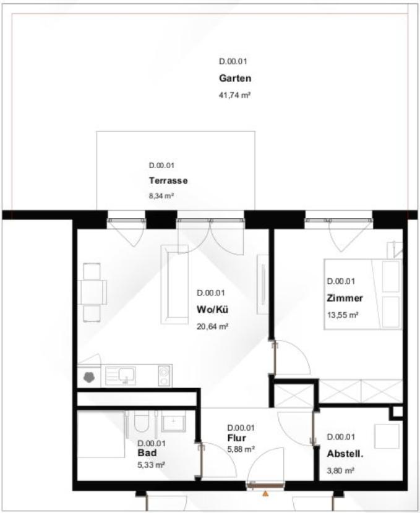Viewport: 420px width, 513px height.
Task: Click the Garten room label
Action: (x=235, y=78)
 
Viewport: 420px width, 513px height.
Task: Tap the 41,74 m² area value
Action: (x=234, y=96)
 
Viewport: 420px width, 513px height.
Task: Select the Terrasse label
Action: (x=168, y=180)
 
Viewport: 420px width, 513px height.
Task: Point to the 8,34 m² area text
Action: (x=161, y=196)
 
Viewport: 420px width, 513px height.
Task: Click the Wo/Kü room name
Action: (x=212, y=310)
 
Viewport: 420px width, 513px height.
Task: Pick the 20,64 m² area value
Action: (x=212, y=326)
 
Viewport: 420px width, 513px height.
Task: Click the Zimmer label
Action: (x=345, y=299)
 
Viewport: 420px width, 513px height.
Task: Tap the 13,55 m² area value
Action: (x=343, y=315)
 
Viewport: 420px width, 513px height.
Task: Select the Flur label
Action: (x=236, y=438)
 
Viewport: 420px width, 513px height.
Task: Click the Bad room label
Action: (x=147, y=453)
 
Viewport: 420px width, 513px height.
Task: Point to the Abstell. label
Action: (x=345, y=454)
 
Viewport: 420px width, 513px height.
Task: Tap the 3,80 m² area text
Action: (x=340, y=471)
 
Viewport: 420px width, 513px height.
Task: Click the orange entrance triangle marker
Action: (x=265, y=494)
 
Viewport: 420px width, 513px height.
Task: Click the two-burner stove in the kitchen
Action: (x=164, y=376)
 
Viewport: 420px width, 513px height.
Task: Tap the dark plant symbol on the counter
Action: (x=89, y=377)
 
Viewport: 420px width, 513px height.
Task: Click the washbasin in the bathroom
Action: (x=173, y=421)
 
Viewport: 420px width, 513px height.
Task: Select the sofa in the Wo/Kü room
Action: (x=174, y=284)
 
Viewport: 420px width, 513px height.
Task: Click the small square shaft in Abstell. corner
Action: (x=397, y=412)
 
